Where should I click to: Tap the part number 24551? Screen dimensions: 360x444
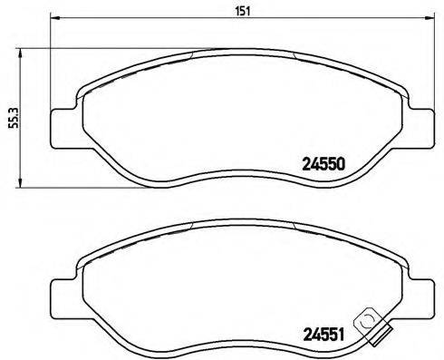click(x=322, y=333)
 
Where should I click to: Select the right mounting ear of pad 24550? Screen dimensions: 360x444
click(x=423, y=127)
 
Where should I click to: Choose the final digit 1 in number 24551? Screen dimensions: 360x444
click(x=343, y=333)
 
